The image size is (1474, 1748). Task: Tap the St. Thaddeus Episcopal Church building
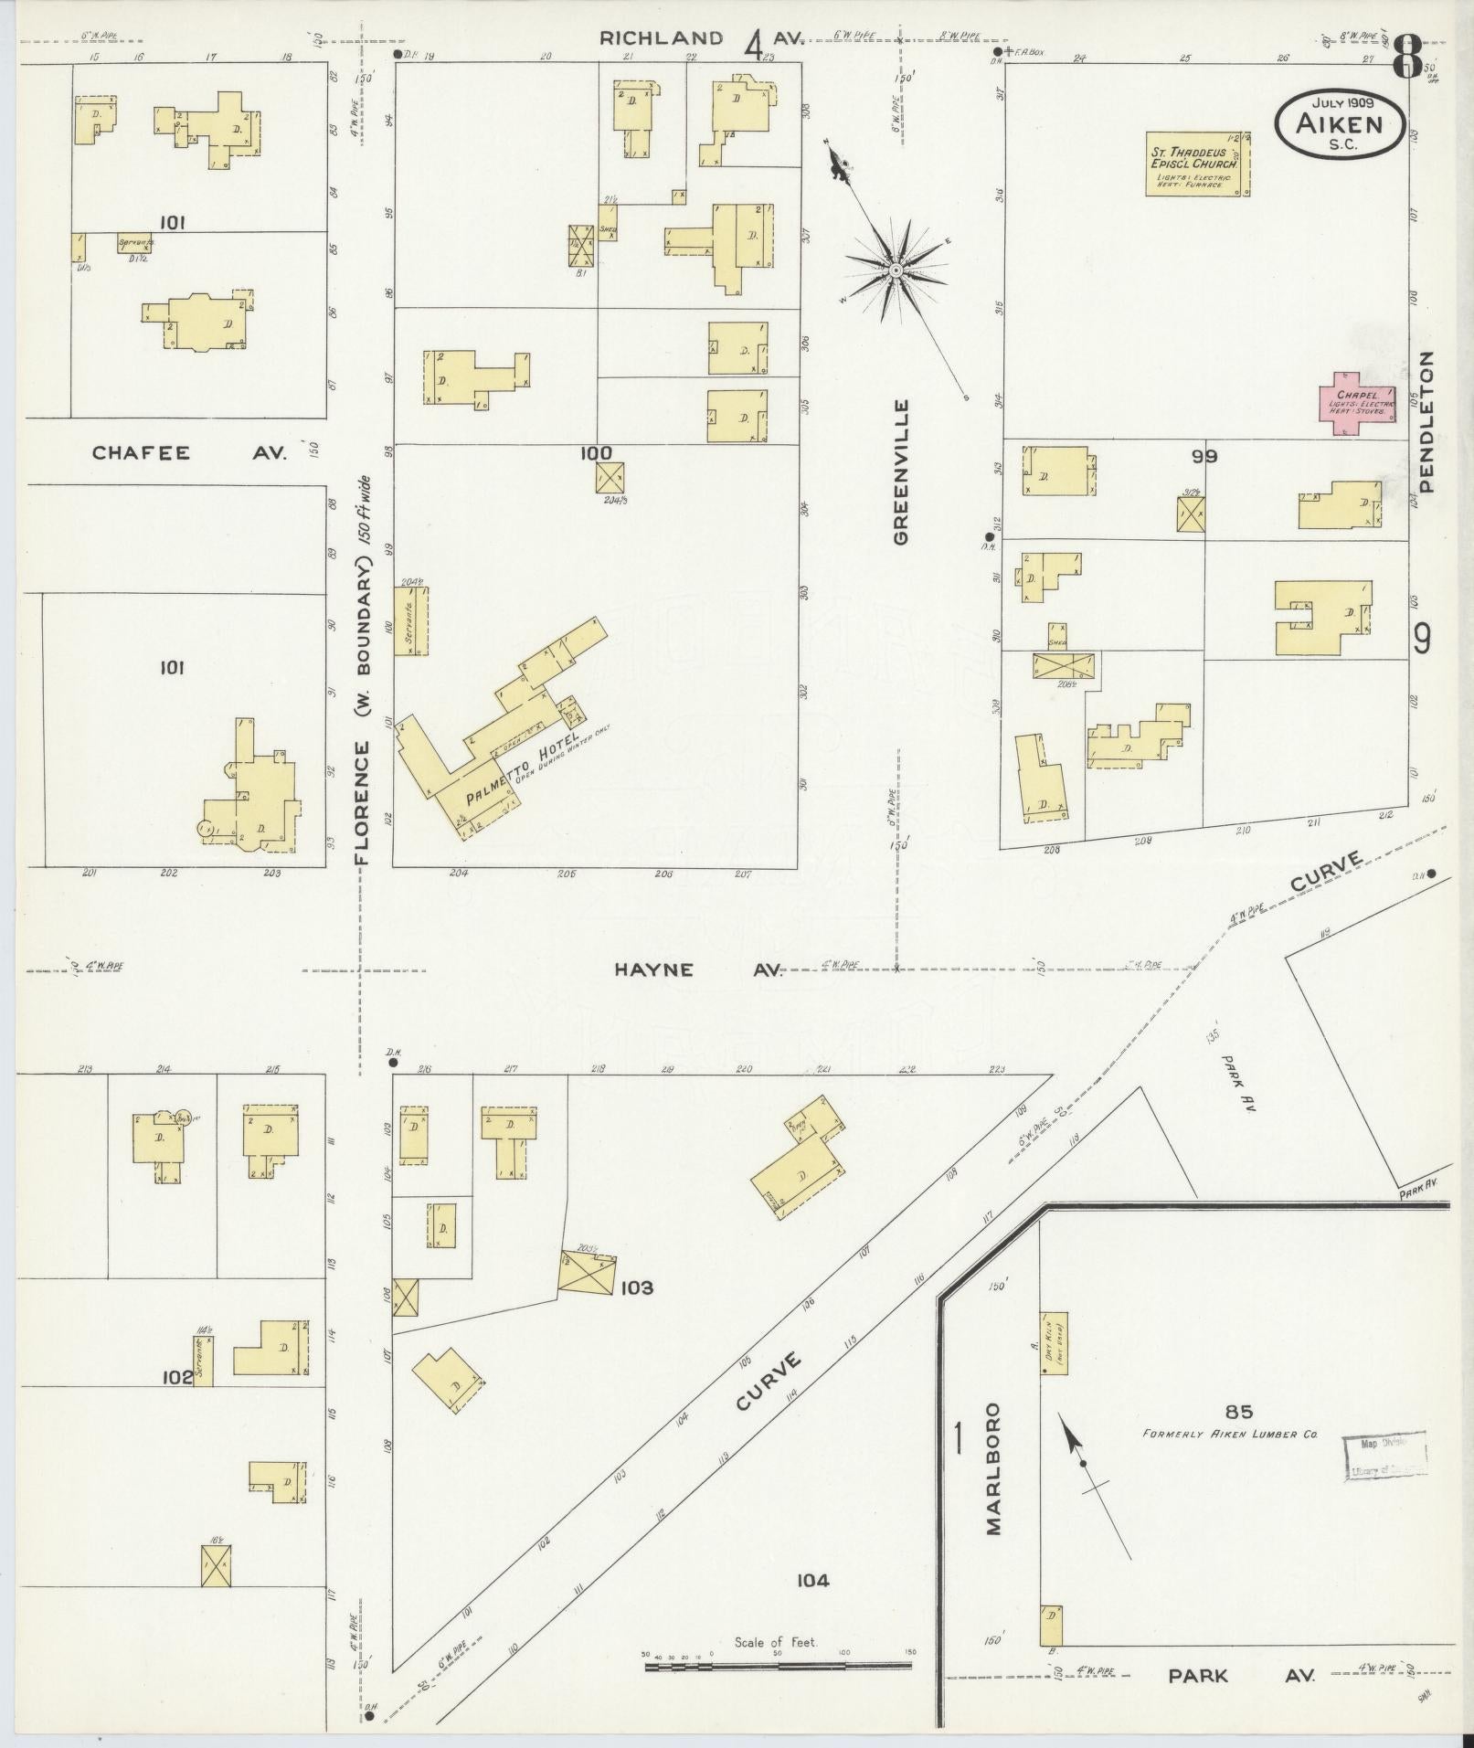(x=1197, y=164)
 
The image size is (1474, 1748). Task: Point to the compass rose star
(x=896, y=270)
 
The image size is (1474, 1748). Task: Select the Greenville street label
(x=902, y=471)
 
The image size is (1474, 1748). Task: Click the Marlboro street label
(x=994, y=1480)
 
